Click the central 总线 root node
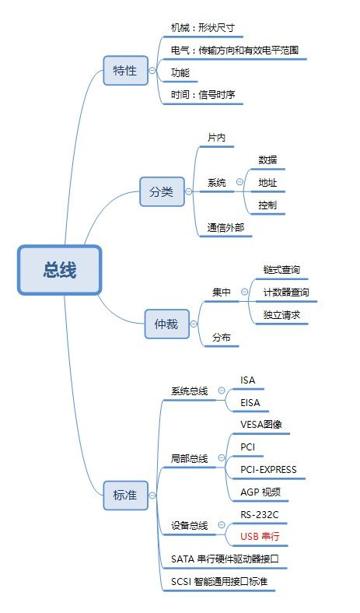click(x=59, y=270)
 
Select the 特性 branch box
click(x=125, y=70)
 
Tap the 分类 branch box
click(x=162, y=191)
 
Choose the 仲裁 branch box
click(x=167, y=324)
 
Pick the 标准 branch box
click(x=125, y=496)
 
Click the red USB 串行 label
click(x=260, y=536)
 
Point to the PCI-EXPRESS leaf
click(x=268, y=470)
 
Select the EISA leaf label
click(x=250, y=402)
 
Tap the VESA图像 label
click(x=261, y=424)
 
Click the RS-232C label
click(x=260, y=514)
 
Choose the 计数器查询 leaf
click(x=286, y=292)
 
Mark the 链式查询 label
click(x=281, y=270)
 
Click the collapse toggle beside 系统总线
click(x=222, y=391)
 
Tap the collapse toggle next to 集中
click(x=245, y=292)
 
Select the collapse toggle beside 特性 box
click(x=152, y=70)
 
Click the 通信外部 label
click(x=225, y=227)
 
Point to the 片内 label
click(x=217, y=138)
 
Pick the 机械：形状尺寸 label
click(x=203, y=28)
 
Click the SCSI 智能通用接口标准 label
click(x=219, y=581)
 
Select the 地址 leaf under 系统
click(x=267, y=183)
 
